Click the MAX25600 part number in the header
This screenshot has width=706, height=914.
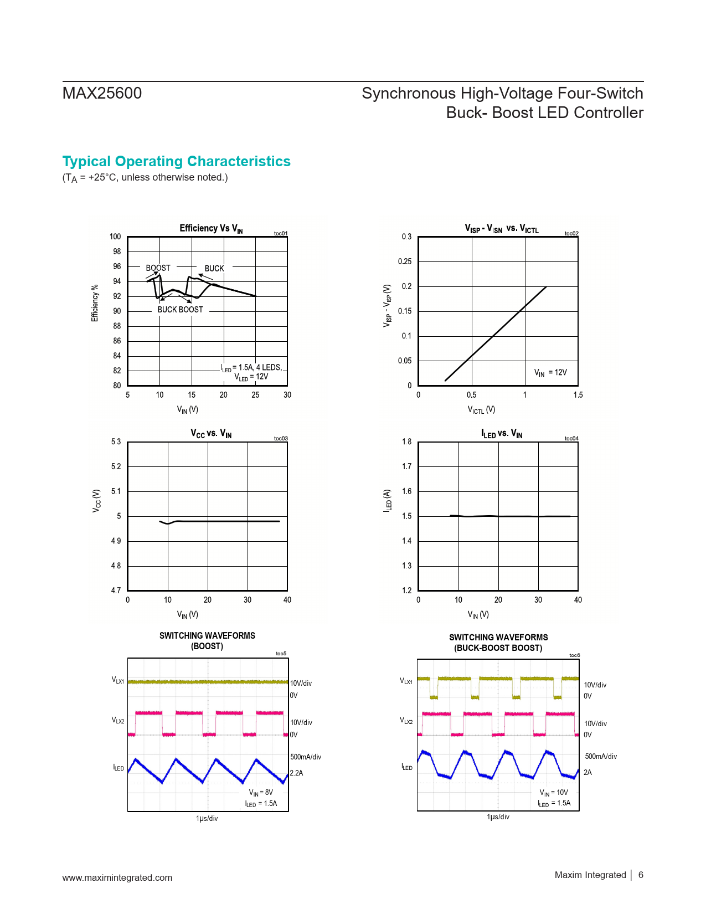102,93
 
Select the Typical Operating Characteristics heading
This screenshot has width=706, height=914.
176,161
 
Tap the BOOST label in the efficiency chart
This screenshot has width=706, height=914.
158,268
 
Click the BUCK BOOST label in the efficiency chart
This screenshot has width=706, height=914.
180,310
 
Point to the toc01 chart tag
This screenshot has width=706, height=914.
281,234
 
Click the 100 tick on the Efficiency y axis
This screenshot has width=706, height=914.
115,237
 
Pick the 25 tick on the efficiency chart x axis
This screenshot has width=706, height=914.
255,395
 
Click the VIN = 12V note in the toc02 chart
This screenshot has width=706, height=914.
550,373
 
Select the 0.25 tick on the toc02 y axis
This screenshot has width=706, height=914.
405,261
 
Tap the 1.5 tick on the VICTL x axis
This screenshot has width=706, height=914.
578,395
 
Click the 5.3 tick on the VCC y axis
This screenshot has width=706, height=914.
116,441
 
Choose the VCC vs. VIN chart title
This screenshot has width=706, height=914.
211,433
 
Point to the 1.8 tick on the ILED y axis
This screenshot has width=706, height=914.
407,441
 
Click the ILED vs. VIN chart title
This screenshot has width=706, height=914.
501,433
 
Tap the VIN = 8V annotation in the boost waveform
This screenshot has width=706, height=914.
261,793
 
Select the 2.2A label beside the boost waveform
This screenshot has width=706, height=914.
296,773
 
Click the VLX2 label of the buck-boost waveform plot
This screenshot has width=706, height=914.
406,721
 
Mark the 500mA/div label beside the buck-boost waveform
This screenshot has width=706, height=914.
601,756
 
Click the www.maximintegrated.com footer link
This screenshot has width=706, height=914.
117,877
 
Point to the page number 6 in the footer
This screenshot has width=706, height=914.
641,875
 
